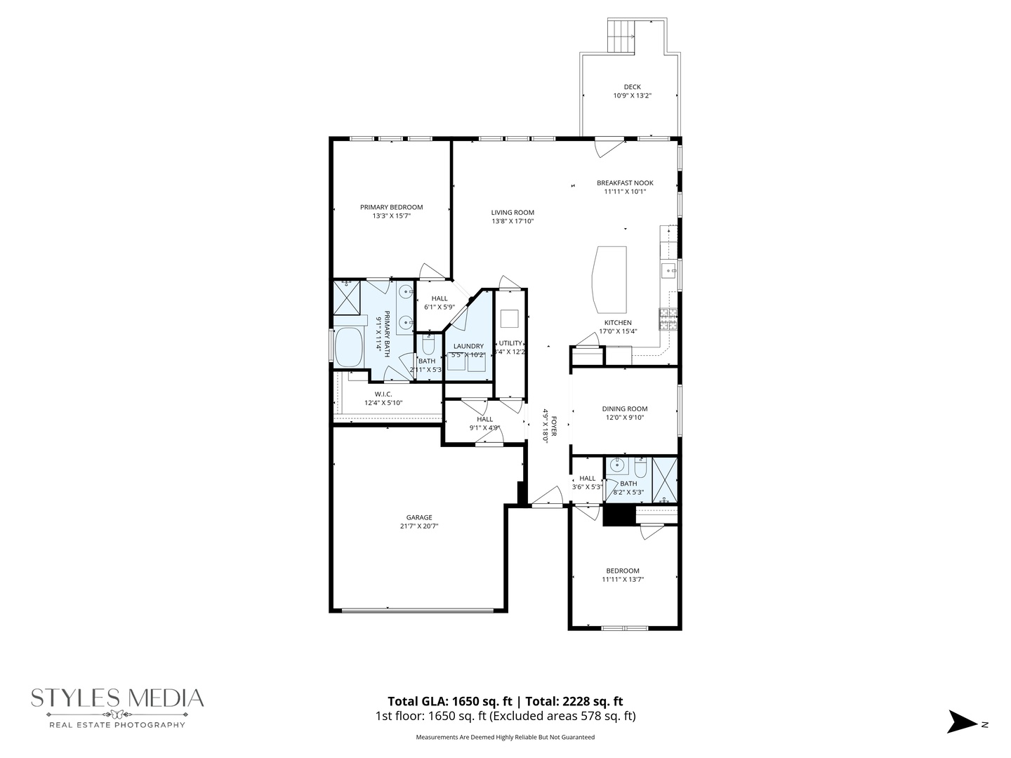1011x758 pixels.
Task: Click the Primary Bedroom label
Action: pos(391,207)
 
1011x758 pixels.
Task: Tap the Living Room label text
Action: pos(513,213)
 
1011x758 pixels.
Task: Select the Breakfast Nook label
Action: pos(625,183)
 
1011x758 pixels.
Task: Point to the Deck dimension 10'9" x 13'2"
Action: pos(632,96)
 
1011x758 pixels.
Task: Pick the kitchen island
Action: pos(609,279)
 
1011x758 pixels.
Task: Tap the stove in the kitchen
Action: pos(668,319)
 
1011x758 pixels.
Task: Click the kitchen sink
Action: pos(668,270)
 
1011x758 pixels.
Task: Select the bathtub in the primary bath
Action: pos(349,347)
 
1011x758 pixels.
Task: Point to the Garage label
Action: pos(420,517)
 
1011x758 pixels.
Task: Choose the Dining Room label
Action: pos(624,408)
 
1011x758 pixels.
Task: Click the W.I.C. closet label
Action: pos(383,394)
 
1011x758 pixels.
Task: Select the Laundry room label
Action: pos(468,346)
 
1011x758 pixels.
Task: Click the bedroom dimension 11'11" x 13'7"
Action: pos(623,580)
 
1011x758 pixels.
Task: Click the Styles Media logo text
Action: pos(117,698)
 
